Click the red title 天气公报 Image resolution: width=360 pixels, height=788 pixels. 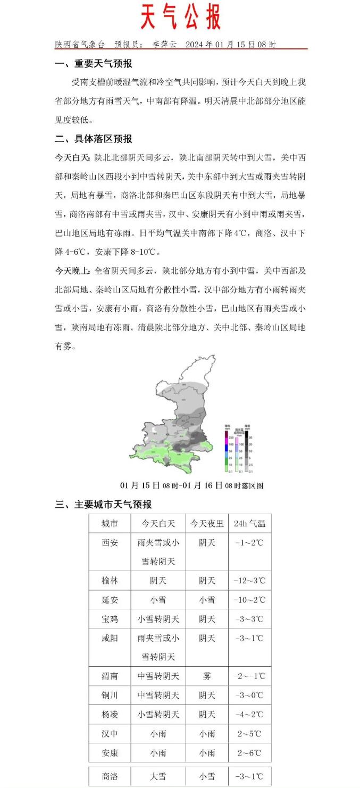[x=180, y=18]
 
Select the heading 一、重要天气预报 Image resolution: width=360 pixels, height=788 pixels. [x=94, y=64]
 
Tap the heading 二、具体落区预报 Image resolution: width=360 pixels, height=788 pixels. [x=94, y=139]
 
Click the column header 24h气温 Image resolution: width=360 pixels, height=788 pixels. [x=249, y=524]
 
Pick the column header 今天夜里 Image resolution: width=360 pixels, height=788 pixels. [x=207, y=524]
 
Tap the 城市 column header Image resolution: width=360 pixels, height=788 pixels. [x=110, y=524]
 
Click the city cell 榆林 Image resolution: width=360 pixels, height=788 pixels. [x=110, y=581]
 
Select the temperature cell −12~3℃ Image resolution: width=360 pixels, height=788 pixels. [x=249, y=581]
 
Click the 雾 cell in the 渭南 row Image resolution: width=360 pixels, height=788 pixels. [x=207, y=676]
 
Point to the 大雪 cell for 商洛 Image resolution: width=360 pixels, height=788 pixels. [x=158, y=776]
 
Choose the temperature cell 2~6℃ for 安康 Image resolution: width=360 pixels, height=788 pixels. [x=249, y=753]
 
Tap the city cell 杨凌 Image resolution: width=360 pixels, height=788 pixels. [x=110, y=715]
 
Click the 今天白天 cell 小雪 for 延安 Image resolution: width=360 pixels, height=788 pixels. [x=158, y=600]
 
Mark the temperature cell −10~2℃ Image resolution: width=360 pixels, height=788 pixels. [x=249, y=600]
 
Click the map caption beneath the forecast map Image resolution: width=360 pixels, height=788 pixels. [x=191, y=485]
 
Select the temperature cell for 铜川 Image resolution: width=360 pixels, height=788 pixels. [x=249, y=695]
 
